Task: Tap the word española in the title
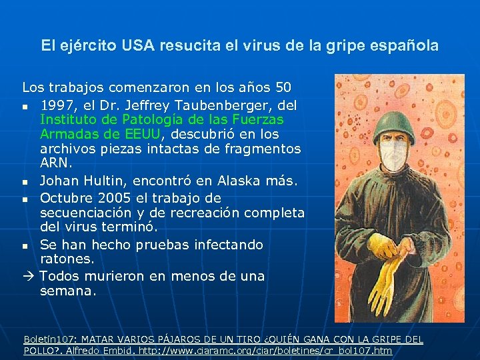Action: point(406,45)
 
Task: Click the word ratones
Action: point(67,259)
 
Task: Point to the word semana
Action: point(68,291)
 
